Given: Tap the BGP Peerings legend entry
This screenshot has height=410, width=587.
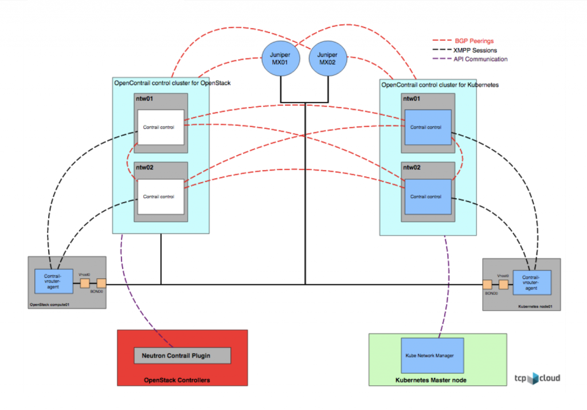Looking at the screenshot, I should click(x=473, y=41).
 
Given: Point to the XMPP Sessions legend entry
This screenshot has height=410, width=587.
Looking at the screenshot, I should click(x=476, y=50).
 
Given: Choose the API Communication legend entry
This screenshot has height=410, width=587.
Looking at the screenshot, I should click(x=480, y=59).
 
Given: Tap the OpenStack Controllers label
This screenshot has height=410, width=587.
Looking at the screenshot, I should click(x=177, y=380).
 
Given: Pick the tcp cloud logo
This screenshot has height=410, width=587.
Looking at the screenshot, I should click(x=537, y=378).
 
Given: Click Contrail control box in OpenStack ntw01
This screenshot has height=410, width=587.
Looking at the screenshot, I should click(x=159, y=127).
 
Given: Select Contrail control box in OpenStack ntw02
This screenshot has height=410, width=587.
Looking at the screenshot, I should click(x=159, y=196).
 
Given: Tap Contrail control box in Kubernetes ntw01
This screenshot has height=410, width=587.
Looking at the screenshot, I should click(x=428, y=127).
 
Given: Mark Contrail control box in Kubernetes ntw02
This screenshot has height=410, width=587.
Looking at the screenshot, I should click(x=428, y=196).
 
